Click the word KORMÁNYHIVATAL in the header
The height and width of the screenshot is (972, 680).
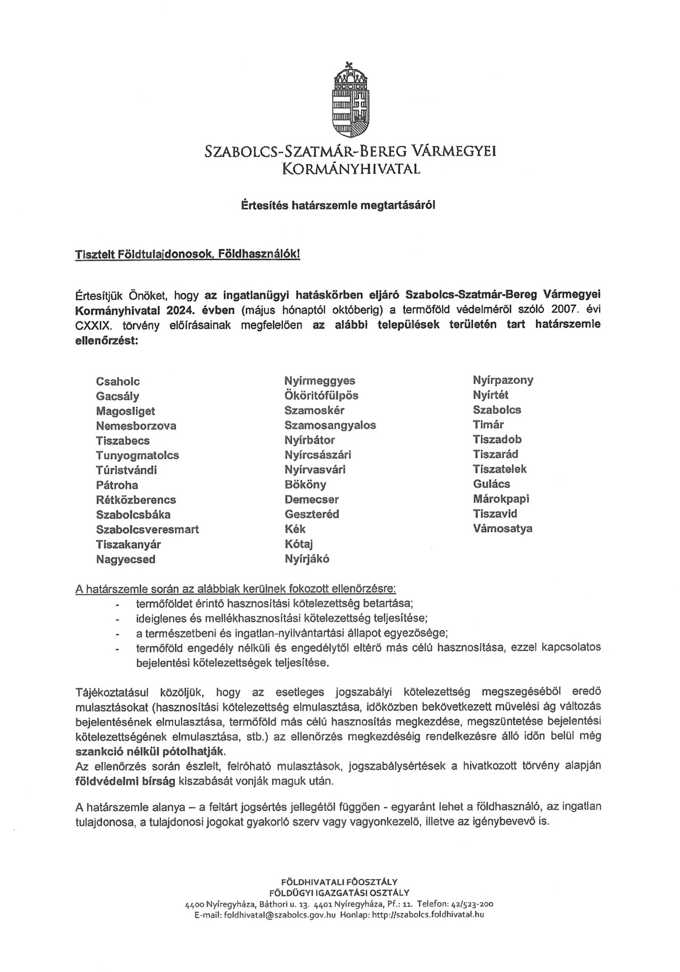tap(351, 168)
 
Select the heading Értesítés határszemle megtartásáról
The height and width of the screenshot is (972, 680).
tap(338, 205)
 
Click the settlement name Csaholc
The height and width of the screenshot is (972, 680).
tap(118, 382)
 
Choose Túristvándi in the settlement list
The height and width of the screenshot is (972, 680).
tap(126, 470)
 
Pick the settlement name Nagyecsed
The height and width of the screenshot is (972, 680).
tap(126, 560)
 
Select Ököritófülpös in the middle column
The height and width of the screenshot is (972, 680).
tap(321, 395)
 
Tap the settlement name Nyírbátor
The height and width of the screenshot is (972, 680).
tap(310, 440)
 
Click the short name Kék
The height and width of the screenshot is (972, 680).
tap(295, 529)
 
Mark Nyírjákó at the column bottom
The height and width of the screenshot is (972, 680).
tap(307, 559)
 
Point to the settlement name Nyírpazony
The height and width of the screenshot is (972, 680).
tap(503, 380)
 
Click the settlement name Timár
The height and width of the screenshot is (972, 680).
tap(489, 425)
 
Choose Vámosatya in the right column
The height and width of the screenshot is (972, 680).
tap(503, 529)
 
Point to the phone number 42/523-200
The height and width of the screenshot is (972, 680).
tap(464, 904)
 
